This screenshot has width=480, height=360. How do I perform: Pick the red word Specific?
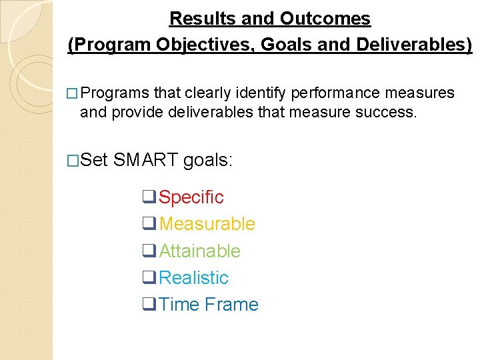coord(191,197)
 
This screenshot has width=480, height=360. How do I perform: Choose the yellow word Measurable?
coord(207,224)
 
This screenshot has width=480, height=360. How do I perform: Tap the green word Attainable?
coord(199,251)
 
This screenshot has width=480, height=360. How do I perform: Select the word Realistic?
coord(193,277)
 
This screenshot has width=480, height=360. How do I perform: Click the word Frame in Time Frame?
coord(231,304)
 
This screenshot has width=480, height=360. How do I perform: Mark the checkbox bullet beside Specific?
coord(149,197)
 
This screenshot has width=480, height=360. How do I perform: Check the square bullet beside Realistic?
coord(149,277)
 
